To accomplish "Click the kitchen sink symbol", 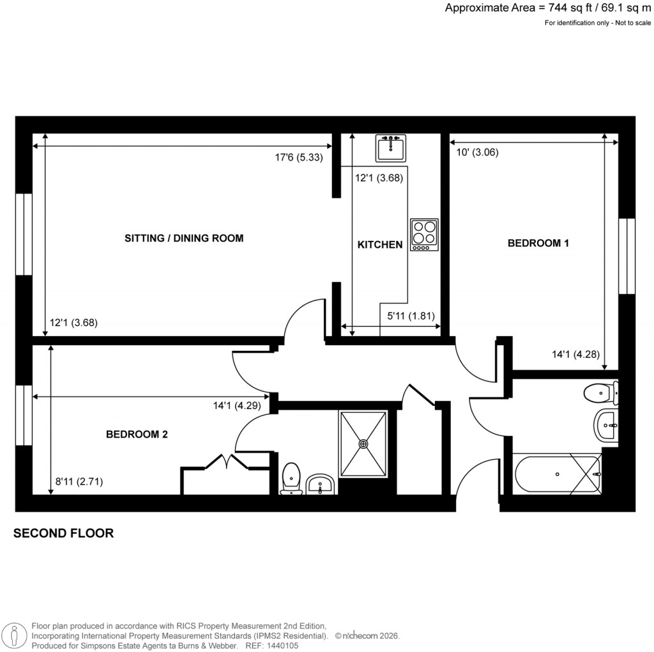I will click(392, 149).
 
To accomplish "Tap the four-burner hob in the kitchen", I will click(425, 235).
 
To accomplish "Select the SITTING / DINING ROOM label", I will click(184, 238).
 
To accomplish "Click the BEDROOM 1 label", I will click(538, 243).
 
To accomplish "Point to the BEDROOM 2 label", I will click(137, 435).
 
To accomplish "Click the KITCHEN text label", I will click(380, 245).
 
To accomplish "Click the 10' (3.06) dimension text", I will click(476, 152).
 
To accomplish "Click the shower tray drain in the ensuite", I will click(363, 444).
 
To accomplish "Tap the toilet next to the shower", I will click(291, 478).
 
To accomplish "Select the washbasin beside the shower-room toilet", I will click(320, 484).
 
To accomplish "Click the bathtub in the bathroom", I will click(556, 474).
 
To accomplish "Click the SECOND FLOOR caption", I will click(64, 533).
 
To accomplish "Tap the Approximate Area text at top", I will click(548, 8).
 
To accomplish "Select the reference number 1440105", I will click(280, 646).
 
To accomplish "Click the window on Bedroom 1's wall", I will click(627, 256).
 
